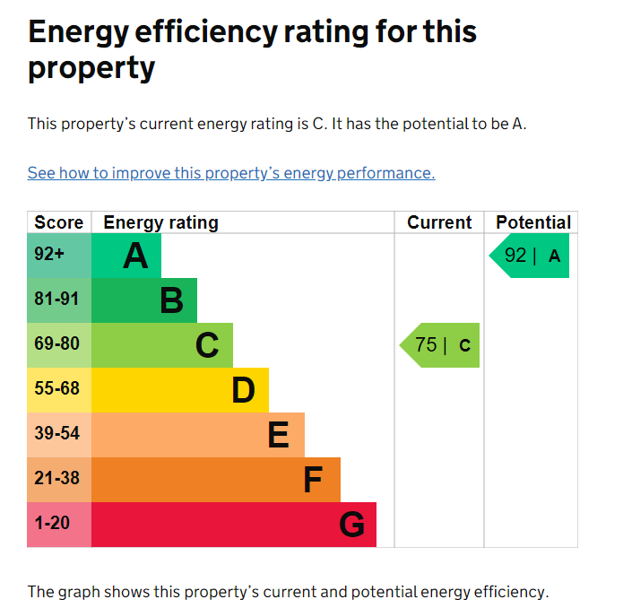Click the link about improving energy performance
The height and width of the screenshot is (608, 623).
[231, 173]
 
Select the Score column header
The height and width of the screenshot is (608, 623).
[59, 222]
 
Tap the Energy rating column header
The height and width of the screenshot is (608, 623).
[161, 223]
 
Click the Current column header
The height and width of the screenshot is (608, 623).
[439, 222]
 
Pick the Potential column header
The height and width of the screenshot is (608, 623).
[533, 222]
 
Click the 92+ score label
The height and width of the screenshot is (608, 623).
[49, 254]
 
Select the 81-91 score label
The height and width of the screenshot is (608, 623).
[56, 299]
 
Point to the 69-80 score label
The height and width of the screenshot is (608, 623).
[56, 343]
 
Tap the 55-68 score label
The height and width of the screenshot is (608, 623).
[56, 388]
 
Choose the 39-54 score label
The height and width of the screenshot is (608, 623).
[56, 433]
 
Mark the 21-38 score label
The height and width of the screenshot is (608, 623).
[56, 478]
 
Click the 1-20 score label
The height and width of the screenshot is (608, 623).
[52, 523]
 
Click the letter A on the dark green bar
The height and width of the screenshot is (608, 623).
[135, 256]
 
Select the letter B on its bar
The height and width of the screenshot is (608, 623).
[171, 300]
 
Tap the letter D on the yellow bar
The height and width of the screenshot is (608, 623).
[243, 390]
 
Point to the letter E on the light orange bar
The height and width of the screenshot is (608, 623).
[279, 435]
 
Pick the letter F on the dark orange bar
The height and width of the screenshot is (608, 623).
[313, 480]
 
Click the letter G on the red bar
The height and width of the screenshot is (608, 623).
[352, 525]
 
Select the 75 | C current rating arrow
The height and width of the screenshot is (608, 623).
[439, 345]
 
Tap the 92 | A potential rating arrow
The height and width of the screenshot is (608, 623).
[529, 256]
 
